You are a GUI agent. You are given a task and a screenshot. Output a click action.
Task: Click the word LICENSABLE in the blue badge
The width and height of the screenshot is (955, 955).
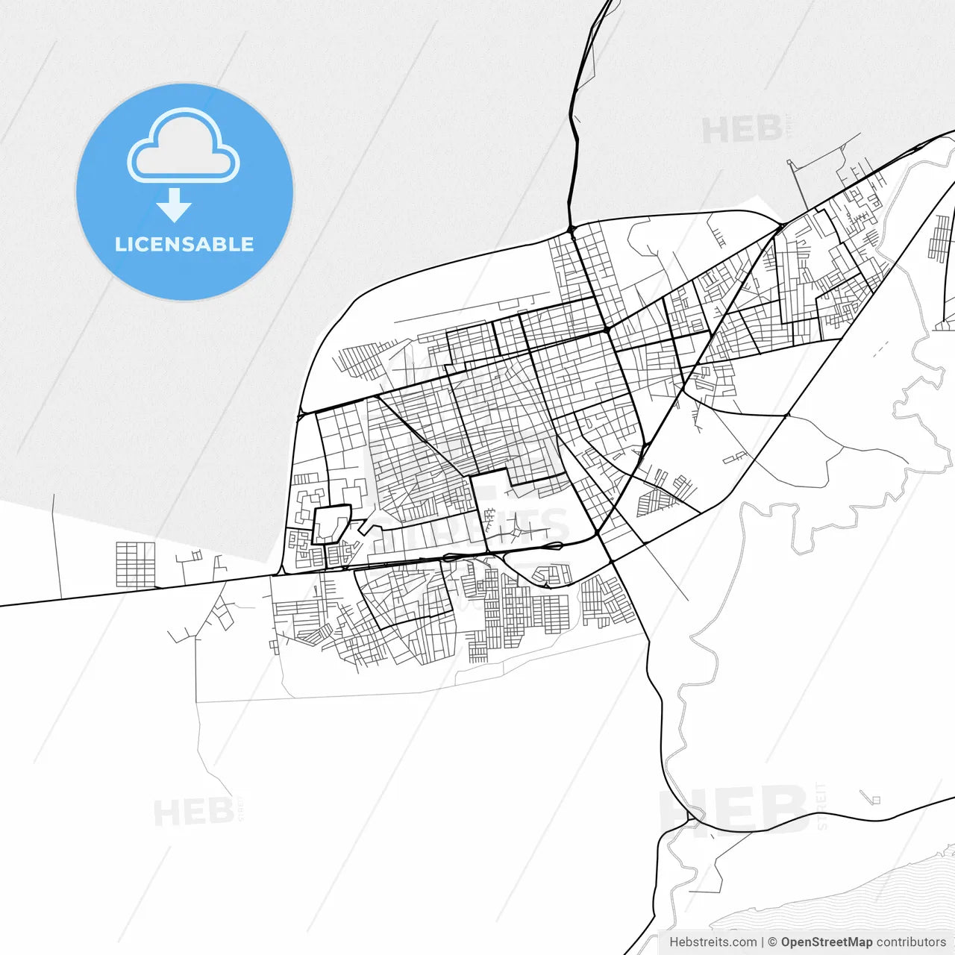[x=184, y=244]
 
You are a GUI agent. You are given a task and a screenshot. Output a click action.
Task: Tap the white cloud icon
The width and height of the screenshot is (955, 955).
[x=184, y=145]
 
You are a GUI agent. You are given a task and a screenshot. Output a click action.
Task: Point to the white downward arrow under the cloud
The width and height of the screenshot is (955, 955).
[x=174, y=205]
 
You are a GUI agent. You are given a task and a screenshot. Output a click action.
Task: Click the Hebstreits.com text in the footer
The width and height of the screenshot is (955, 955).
[x=713, y=942]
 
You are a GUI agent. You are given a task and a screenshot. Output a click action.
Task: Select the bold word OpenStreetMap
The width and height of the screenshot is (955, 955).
[x=826, y=942]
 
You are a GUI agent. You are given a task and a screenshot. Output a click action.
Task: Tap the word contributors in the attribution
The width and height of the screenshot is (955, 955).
[x=911, y=942]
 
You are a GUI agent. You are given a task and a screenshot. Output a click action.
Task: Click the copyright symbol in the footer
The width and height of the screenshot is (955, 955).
[x=772, y=942]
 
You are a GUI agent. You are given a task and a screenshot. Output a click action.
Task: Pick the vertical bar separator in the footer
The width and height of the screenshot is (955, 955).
[x=762, y=942]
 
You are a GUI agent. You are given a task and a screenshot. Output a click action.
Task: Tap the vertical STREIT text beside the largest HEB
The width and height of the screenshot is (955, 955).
[x=822, y=806]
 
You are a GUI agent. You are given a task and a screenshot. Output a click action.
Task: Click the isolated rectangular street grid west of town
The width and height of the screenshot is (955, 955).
[x=135, y=564]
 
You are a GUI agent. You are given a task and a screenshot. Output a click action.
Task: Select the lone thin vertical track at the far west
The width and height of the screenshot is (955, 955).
[x=57, y=545]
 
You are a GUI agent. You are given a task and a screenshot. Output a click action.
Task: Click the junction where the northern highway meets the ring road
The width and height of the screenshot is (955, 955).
[x=571, y=228]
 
